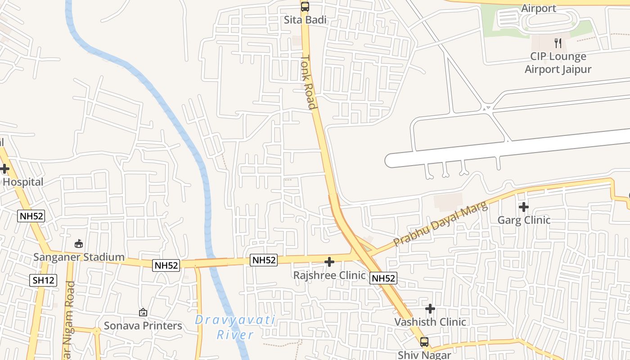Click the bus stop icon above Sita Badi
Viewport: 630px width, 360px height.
click(x=305, y=7)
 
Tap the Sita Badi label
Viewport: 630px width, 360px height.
click(x=305, y=20)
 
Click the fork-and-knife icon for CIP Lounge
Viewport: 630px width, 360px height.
click(x=558, y=43)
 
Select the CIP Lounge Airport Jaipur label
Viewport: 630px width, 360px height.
click(x=558, y=63)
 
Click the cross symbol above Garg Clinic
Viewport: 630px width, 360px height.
click(x=523, y=207)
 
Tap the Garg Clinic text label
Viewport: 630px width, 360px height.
click(x=523, y=220)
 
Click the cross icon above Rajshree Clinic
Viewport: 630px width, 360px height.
click(x=329, y=262)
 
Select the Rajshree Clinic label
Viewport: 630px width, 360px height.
click(x=329, y=275)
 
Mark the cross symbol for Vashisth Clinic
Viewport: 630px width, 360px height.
click(x=430, y=309)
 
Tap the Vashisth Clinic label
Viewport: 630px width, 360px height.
click(x=430, y=322)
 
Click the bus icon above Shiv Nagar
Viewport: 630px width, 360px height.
click(x=424, y=342)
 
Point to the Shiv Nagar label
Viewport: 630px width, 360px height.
click(x=424, y=355)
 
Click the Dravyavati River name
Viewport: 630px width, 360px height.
click(x=235, y=327)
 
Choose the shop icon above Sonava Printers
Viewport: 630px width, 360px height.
click(x=143, y=312)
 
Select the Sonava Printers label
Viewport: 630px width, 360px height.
click(x=143, y=325)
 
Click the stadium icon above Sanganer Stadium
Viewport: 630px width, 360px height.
click(x=79, y=244)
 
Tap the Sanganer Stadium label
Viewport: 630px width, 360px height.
click(x=79, y=257)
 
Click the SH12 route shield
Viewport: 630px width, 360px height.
click(x=44, y=280)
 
